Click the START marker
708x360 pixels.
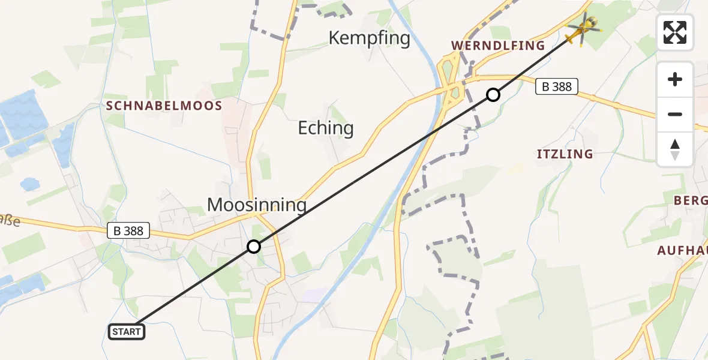pyautogui.click(x=127, y=331)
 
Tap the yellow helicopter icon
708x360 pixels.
pyautogui.click(x=583, y=29)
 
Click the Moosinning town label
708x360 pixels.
pyautogui.click(x=257, y=205)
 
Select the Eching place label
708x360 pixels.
pyautogui.click(x=326, y=128)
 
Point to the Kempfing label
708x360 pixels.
pyautogui.click(x=369, y=38)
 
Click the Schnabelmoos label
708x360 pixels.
pyautogui.click(x=164, y=106)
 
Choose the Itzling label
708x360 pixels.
pyautogui.click(x=565, y=154)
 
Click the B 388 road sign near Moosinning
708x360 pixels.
pyautogui.click(x=128, y=230)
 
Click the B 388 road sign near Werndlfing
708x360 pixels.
pyautogui.click(x=557, y=86)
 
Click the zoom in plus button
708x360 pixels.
pyautogui.click(x=675, y=79)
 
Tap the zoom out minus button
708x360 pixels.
pyautogui.click(x=675, y=114)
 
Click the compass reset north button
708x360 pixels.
pyautogui.click(x=675, y=149)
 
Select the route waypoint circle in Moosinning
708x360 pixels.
pyautogui.click(x=254, y=247)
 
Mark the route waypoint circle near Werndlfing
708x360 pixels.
pyautogui.click(x=493, y=94)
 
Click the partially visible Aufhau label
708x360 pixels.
pyautogui.click(x=683, y=250)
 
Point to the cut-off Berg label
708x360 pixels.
pyautogui.click(x=691, y=200)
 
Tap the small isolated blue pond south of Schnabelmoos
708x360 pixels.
pyautogui.click(x=29, y=182)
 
